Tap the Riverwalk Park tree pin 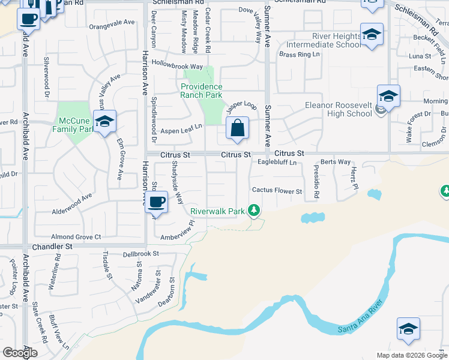255,210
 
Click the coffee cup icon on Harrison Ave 157,202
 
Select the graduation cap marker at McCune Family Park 105,122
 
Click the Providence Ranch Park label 202,91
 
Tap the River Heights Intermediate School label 324,40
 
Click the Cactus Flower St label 277,191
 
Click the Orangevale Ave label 112,22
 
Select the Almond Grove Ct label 76,237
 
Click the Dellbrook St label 140,254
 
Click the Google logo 20,353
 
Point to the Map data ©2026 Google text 412,355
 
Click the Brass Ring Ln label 300,54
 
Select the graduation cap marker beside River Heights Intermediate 372,34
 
